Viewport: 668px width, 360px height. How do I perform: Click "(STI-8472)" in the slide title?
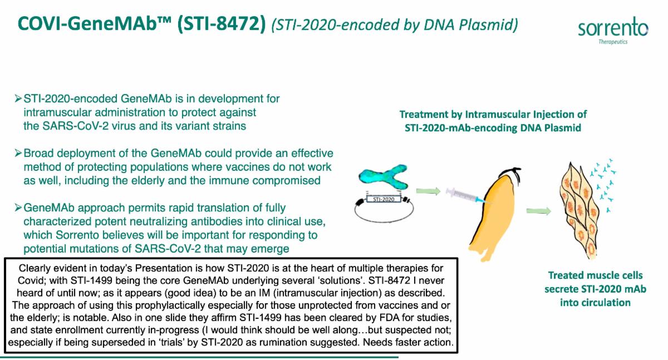(221, 24)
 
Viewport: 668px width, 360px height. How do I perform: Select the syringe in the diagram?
(466, 196)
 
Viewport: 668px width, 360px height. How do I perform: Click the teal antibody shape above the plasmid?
(383, 177)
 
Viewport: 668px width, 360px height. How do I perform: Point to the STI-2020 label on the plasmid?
(384, 199)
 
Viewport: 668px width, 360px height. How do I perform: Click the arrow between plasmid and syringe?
(428, 191)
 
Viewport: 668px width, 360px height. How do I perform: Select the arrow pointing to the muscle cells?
(539, 211)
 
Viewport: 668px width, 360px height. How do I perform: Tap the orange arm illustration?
(494, 215)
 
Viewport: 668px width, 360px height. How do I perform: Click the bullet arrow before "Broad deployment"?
(18, 153)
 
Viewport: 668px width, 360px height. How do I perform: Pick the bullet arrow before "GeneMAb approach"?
(18, 208)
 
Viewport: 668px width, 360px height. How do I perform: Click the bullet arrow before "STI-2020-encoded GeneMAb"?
(18, 98)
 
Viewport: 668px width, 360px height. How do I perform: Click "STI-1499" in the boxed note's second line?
(92, 280)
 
